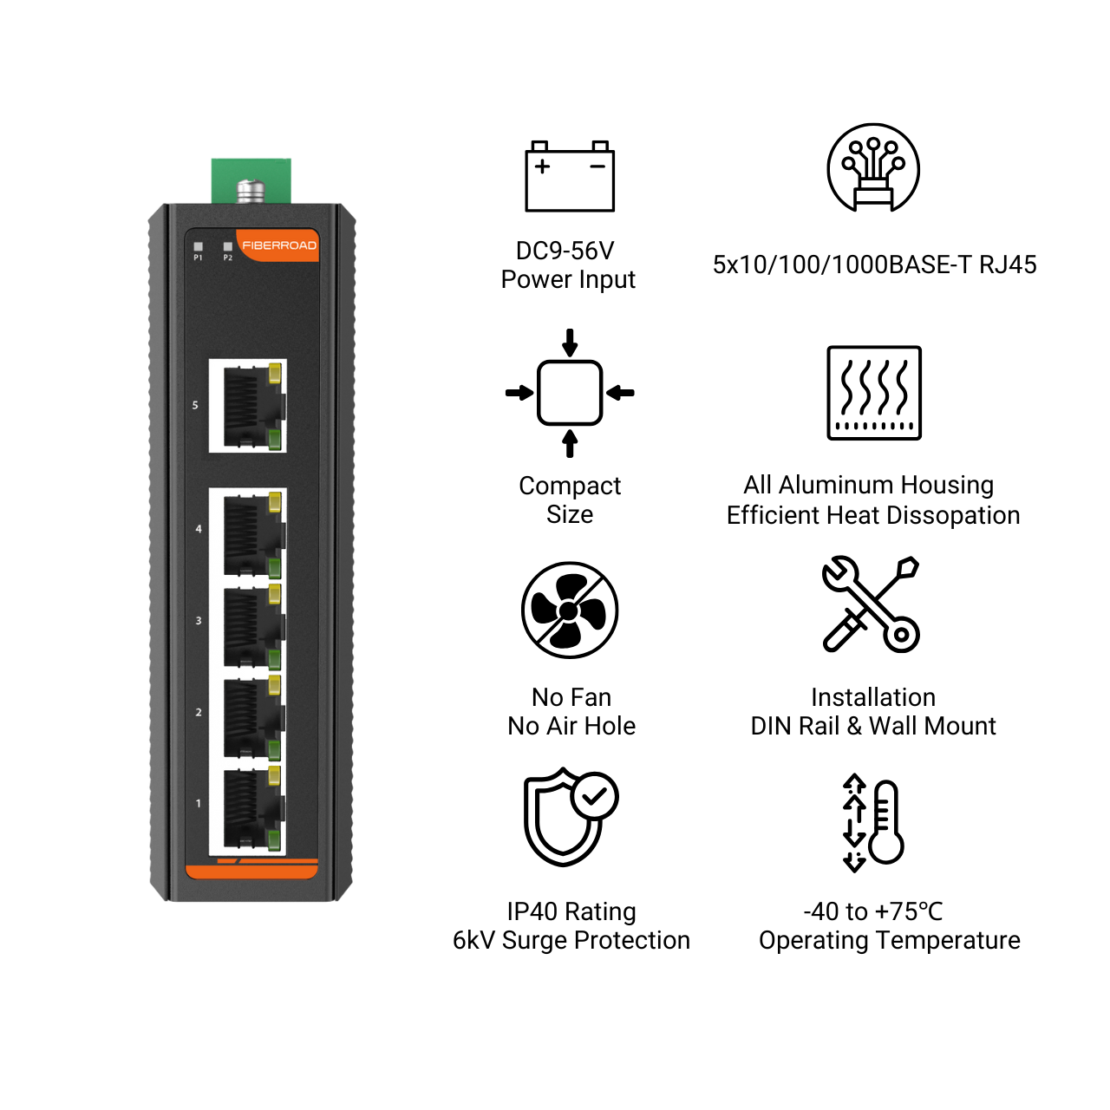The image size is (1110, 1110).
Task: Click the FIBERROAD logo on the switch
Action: tap(278, 245)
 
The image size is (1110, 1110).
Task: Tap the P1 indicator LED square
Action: tap(199, 246)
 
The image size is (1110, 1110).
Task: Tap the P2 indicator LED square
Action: tap(227, 246)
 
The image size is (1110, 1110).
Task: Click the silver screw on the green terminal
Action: tap(251, 192)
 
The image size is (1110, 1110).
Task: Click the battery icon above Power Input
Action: tap(569, 176)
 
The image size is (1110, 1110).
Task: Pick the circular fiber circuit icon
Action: tap(872, 167)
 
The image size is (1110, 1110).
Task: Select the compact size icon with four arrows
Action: tap(569, 393)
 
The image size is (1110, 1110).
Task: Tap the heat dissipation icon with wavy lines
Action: tap(874, 393)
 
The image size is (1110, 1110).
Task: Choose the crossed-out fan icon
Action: tap(569, 610)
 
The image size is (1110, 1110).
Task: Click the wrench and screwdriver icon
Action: tap(871, 604)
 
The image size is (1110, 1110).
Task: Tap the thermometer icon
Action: tap(872, 822)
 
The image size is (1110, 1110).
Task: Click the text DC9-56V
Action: tap(565, 251)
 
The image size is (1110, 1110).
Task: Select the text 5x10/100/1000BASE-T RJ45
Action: tap(874, 265)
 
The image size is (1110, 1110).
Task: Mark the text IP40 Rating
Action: tap(571, 911)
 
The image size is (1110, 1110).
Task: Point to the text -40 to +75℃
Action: tap(872, 911)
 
